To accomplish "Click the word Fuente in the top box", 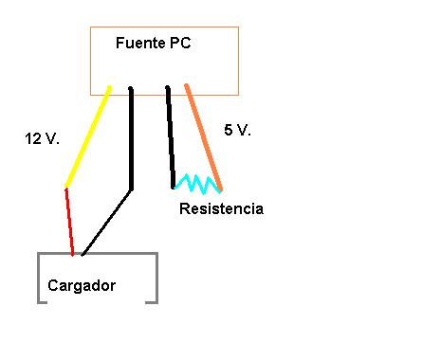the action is point(140,43).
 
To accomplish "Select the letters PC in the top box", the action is point(180,43).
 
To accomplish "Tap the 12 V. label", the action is point(42,138).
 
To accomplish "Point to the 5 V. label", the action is point(237,130).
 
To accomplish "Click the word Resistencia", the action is point(221,208).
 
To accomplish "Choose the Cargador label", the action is point(82,285).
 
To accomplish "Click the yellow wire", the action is point(88,136).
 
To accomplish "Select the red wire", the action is point(69,222).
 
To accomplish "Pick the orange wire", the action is point(204,137).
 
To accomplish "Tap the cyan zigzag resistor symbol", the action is point(197,184).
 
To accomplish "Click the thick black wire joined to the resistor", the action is point(171,137).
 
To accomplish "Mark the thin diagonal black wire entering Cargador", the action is point(106,223).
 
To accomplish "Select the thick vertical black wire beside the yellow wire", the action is point(131,138).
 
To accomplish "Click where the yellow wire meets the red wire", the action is point(66,188).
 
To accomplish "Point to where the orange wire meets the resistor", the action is point(221,190).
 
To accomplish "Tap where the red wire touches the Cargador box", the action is point(73,254).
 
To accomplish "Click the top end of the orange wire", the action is point(186,85).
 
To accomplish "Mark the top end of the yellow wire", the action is point(110,87).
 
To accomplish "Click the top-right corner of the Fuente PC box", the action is point(238,27).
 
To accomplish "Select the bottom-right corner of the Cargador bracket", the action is point(157,303).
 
